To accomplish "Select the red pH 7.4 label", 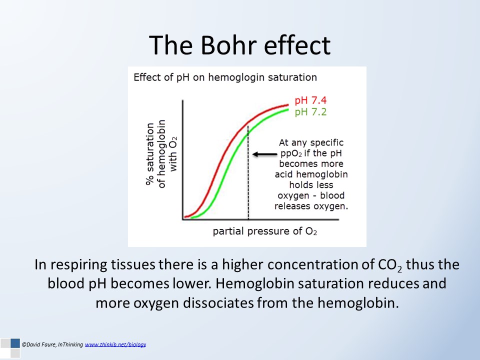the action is [310, 100].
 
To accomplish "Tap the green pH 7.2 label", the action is [310, 112].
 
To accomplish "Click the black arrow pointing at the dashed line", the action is [265, 154].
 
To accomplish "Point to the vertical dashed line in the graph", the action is [248, 172].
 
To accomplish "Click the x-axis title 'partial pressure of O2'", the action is [265, 231].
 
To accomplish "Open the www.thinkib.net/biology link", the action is [115, 344].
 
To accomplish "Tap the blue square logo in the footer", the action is [15, 343].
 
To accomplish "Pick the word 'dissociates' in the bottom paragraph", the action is [218, 303].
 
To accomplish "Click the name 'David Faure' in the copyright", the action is [40, 344].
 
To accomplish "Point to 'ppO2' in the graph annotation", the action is [291, 153].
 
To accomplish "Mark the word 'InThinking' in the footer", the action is [70, 344].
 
